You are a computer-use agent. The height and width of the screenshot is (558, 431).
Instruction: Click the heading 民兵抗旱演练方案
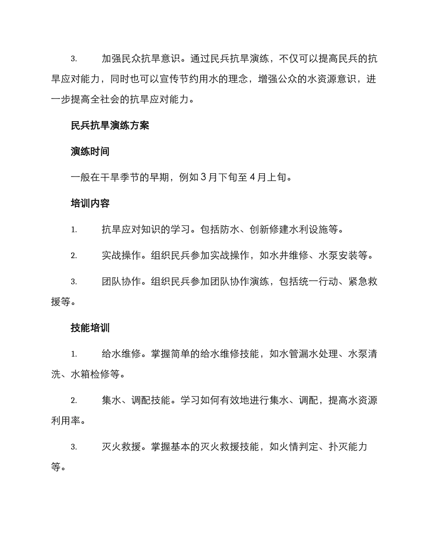click(x=110, y=126)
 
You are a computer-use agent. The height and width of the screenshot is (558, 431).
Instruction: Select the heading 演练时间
click(x=90, y=152)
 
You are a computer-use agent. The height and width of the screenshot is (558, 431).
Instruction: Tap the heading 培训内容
click(x=90, y=203)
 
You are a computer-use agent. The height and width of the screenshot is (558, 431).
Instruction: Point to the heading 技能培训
click(x=90, y=328)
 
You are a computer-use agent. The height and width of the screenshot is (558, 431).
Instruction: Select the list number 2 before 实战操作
click(x=73, y=256)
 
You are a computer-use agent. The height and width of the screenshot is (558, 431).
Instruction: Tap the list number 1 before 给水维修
click(x=73, y=354)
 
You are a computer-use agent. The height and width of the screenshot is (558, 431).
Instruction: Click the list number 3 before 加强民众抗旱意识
click(x=73, y=59)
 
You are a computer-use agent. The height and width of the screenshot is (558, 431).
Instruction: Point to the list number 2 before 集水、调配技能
click(x=73, y=401)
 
